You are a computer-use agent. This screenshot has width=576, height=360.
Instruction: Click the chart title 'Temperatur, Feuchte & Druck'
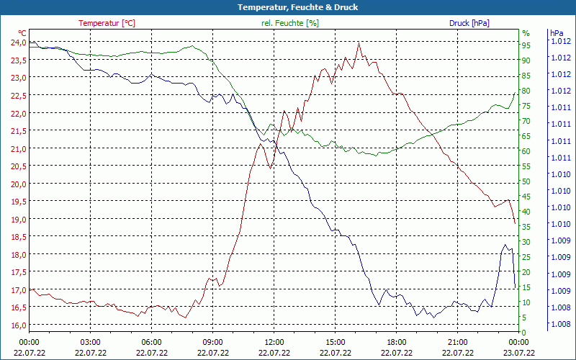tap(288, 7)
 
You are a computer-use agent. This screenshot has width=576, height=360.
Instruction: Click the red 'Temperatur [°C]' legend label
tap(107, 23)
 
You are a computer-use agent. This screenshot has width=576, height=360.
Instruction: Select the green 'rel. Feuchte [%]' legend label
tap(290, 23)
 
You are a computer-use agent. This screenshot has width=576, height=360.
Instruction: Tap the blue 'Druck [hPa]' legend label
tap(469, 23)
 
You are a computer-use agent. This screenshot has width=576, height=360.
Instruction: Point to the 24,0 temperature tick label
tap(17, 42)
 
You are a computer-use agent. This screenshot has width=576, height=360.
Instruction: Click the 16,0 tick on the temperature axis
tap(17, 325)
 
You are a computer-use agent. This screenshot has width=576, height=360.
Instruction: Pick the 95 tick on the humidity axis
tap(526, 45)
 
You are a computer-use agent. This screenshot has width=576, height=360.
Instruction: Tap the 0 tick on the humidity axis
tap(524, 332)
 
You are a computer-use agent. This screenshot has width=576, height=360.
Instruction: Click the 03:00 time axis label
tap(90, 341)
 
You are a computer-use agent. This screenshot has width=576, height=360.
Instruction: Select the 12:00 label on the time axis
tap(274, 341)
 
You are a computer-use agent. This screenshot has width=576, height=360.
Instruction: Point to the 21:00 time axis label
tap(458, 341)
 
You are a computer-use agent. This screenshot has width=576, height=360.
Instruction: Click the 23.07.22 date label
tap(518, 353)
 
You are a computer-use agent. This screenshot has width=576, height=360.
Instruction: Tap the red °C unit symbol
tap(22, 33)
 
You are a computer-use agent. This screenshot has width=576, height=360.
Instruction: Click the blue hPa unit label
tap(557, 33)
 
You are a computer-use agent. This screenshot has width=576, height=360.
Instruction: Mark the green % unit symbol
tap(526, 33)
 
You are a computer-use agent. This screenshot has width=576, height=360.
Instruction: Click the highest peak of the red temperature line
tap(359, 42)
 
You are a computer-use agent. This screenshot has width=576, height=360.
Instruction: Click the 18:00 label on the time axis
tap(397, 341)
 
